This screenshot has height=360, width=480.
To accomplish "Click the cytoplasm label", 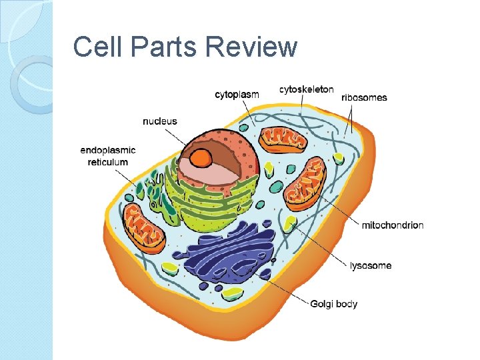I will (237, 95).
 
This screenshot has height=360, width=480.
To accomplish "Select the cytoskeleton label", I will (307, 89).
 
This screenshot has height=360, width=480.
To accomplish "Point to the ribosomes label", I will (364, 97).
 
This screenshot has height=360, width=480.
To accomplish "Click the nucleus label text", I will (160, 121).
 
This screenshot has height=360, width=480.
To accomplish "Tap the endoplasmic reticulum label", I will (107, 156).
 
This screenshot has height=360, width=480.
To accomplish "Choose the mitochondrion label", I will (392, 225).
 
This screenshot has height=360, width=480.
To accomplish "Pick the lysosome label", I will (371, 265).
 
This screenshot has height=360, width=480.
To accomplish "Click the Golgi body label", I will (333, 304).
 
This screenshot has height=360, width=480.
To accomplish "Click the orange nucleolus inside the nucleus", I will (201, 157).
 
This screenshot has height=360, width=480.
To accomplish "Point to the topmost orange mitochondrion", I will (283, 139).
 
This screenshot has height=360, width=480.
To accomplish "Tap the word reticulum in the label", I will (107, 162).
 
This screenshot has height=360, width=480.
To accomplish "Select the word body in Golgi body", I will (346, 304).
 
